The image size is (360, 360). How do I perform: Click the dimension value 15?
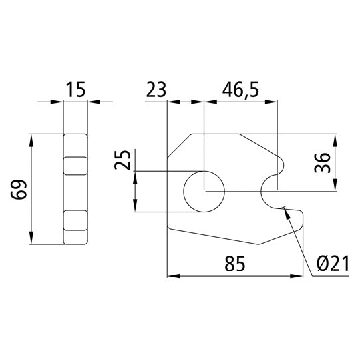click(76, 90)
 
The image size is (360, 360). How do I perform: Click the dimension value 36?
click(323, 163)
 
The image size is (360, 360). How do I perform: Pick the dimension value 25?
click(121, 160)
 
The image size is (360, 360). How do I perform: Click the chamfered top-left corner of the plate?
click(178, 146)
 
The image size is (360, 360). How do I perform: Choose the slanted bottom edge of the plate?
click(220, 236)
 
